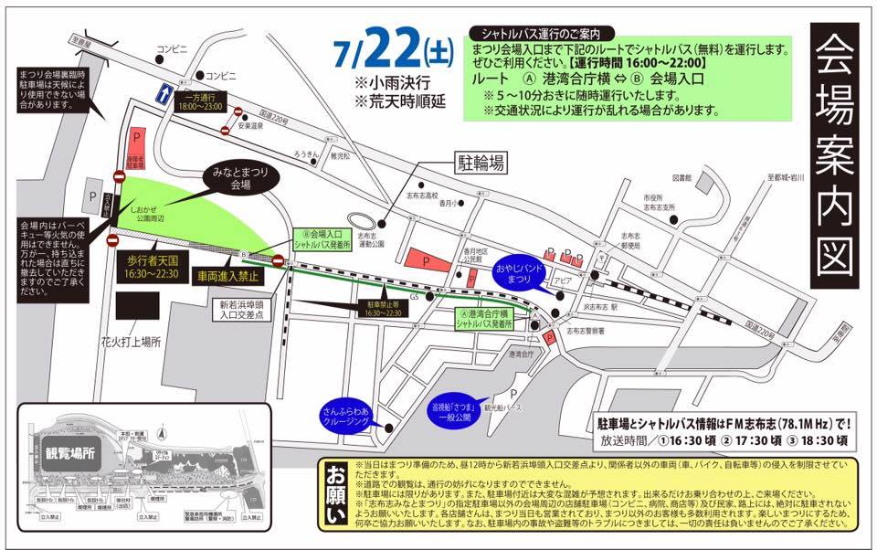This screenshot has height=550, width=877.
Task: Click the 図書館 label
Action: (x=683, y=176)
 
